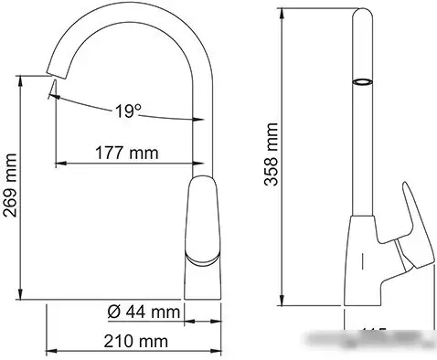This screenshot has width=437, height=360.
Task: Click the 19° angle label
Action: [129, 111]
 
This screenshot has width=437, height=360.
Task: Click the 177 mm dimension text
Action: [123, 152]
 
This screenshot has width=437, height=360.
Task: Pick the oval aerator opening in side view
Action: [363, 82]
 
